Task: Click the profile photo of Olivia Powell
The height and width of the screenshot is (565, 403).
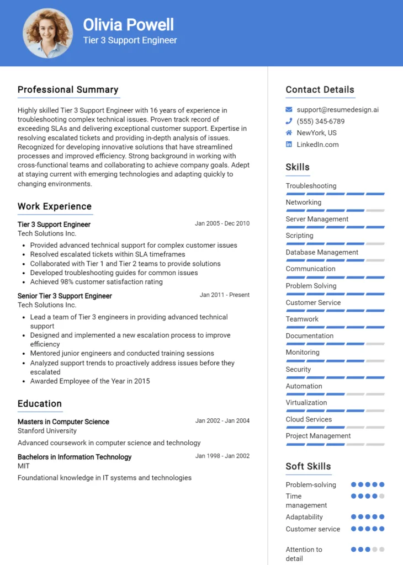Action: coord(47,33)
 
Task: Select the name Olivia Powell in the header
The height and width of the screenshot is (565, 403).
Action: coord(128,24)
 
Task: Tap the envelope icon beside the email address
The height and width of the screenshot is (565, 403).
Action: coord(289,110)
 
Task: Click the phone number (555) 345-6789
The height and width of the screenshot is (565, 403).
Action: coord(320,121)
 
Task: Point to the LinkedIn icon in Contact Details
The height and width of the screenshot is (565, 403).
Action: coord(289,145)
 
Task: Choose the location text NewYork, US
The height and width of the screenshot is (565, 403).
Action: coord(316,133)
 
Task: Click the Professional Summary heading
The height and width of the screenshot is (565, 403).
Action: coord(68,89)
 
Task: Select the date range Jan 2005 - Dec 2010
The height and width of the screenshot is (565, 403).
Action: coord(222,223)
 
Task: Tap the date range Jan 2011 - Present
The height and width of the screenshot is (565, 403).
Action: coord(225,295)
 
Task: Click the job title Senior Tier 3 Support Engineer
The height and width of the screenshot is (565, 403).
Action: coord(65,296)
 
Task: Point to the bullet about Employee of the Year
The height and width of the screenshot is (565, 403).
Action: coord(90,381)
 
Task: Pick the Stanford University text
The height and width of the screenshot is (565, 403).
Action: coord(47,431)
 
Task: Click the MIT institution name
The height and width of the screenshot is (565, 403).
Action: coord(23,466)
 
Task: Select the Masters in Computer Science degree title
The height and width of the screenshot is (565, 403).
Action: coord(63,422)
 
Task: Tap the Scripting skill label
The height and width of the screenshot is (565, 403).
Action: coord(299,236)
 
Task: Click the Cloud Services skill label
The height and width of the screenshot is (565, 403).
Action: coord(309,419)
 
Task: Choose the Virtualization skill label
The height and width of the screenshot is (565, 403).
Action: coord(306,402)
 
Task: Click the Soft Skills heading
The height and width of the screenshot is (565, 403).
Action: coord(308,466)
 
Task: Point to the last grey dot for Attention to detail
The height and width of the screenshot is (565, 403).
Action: coord(382,550)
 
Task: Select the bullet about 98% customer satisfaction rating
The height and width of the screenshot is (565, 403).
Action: coord(97,282)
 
